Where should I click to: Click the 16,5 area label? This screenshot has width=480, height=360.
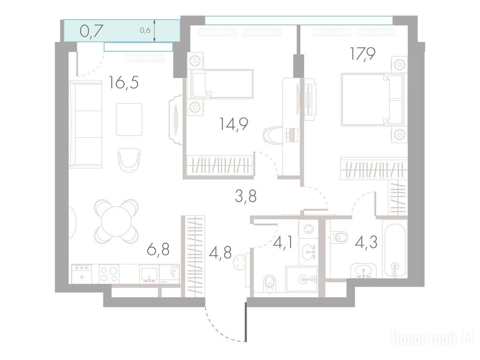coord(124,83)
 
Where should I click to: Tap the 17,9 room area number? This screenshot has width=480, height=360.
coord(363,54)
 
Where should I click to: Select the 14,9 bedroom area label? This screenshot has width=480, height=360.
coord(233,124)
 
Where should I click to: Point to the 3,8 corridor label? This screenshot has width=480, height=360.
coord(246,196)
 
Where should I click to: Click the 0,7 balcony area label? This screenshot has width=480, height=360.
coord(91,31)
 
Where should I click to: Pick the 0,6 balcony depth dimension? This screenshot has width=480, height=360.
coord(145,30)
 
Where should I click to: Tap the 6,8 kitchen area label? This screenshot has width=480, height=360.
coord(158,249)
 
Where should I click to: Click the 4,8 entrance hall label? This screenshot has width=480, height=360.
coord(220,253)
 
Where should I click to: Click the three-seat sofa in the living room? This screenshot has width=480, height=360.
coord(85,124)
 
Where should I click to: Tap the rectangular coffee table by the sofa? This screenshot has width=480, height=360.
coord(129,120)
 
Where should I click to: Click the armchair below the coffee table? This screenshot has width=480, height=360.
coord(129,159)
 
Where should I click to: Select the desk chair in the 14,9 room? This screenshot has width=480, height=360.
coord(272,135)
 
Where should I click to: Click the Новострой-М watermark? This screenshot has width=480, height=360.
coord(433,338)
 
